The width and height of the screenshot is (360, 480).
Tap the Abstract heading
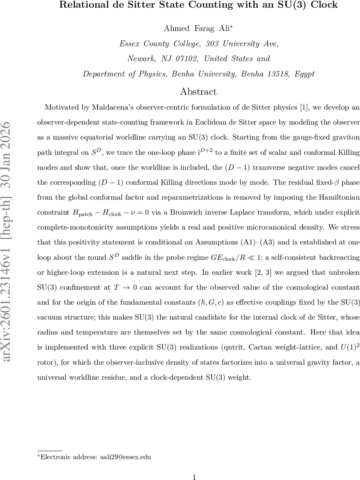[198, 91]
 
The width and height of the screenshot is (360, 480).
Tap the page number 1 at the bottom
[194, 477]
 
